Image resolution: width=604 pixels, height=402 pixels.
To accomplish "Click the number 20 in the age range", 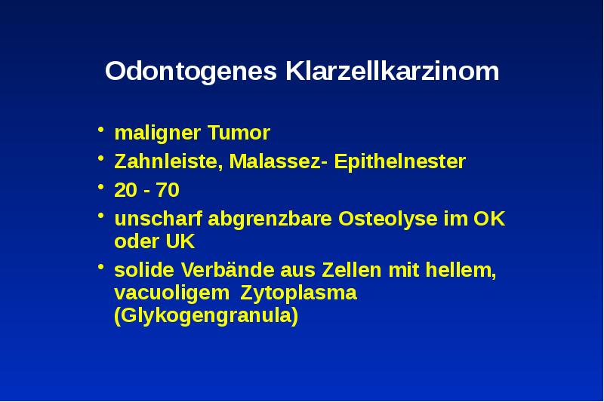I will [x=124, y=189].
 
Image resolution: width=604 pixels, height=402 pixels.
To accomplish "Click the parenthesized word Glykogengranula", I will [x=205, y=316].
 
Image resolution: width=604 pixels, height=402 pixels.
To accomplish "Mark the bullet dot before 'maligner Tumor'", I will [x=101, y=133].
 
